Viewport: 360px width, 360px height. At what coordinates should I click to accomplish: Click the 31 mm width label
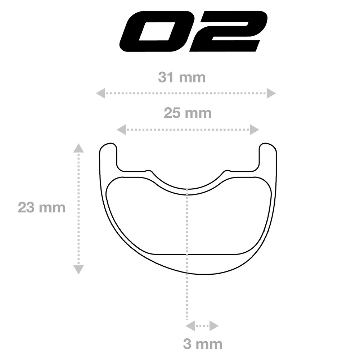coord(181,77)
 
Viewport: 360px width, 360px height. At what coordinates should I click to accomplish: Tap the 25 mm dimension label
coord(188,113)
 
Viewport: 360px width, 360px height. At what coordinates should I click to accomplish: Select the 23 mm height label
coord(41,208)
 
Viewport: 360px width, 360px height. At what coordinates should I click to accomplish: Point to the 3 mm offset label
coord(203,345)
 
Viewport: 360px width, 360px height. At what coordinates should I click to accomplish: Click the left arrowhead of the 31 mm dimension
coord(100,93)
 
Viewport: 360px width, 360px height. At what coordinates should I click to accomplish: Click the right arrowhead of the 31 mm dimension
coord(271,93)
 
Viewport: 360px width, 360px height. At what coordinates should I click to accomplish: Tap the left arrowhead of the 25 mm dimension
coord(121,130)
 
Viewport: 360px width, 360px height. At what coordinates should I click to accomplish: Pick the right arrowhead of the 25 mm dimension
coord(255,130)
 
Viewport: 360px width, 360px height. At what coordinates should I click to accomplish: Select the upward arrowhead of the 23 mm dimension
coord(78,148)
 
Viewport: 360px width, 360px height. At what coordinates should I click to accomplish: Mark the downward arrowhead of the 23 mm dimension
coord(78,270)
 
